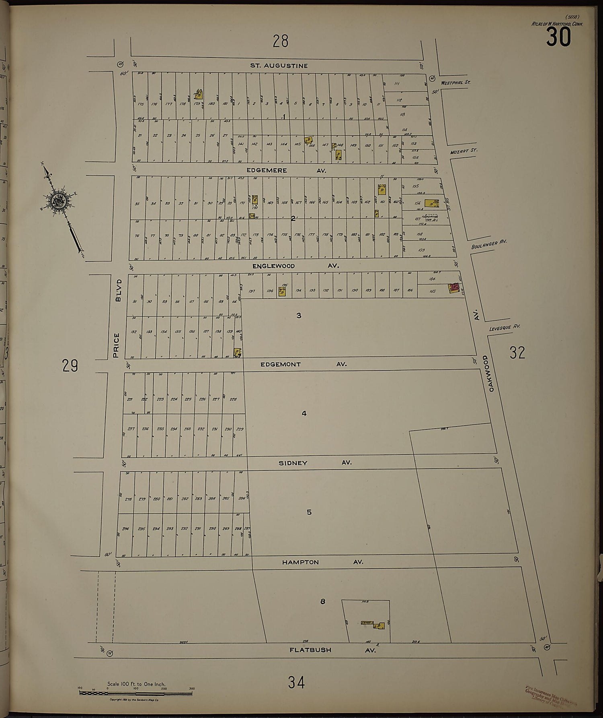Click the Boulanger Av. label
point(489,244)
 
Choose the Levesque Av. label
point(505,328)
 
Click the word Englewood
point(273,266)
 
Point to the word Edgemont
point(280,364)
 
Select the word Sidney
point(293,463)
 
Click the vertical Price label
point(117,345)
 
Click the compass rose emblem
point(57,200)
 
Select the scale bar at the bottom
point(135,693)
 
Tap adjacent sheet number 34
point(296,682)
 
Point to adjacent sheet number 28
point(280,41)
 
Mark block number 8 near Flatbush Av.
point(322,602)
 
